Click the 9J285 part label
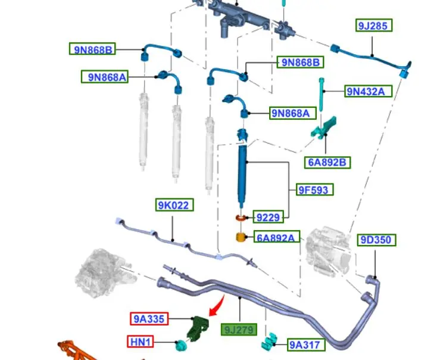coord(375,26)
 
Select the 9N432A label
coord(370,91)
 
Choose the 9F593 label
coord(314,190)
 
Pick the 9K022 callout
coord(174,206)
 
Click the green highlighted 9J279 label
coord(239,329)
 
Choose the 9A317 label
coord(305,344)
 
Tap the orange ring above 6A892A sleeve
coord(241,219)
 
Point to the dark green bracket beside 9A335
coord(197,328)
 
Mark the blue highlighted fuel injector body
coord(243,173)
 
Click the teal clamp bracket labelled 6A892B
coord(325,129)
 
